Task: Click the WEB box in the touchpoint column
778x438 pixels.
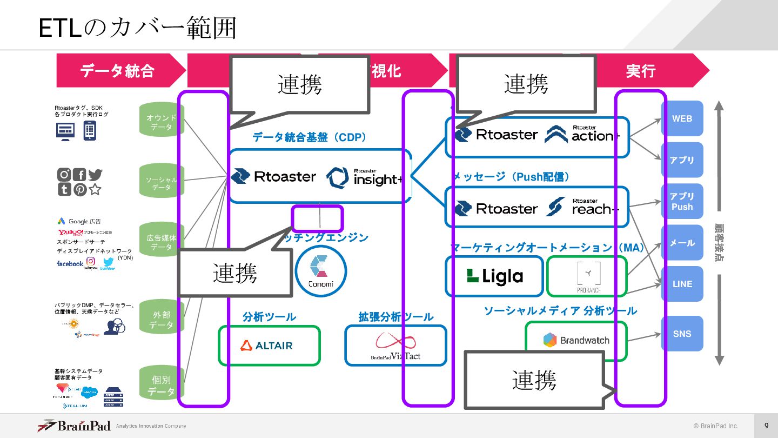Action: [682, 118]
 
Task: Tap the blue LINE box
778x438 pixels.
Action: [682, 284]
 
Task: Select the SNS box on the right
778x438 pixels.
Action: [682, 334]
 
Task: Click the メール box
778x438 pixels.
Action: [682, 243]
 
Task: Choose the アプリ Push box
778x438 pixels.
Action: [682, 201]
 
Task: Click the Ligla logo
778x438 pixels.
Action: [494, 276]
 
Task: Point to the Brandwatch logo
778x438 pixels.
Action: [576, 341]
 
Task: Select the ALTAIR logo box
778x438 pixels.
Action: [269, 346]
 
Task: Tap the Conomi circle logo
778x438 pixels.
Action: [321, 271]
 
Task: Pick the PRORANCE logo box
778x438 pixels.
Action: [588, 276]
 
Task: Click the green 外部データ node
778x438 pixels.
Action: [162, 320]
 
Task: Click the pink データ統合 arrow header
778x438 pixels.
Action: [118, 70]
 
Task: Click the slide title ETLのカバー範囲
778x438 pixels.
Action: [138, 28]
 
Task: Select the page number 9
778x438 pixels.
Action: [766, 426]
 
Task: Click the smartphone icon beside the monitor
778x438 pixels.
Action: [90, 130]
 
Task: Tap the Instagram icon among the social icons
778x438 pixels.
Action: [64, 175]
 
